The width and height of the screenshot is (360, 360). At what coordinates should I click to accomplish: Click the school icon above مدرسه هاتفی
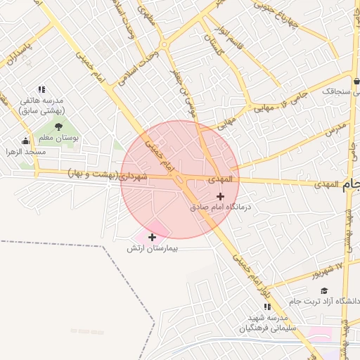[x=41, y=89]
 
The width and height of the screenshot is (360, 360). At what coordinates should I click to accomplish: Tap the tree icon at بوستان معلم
[x=58, y=127]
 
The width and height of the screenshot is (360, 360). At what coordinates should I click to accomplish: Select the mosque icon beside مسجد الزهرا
[x=26, y=141]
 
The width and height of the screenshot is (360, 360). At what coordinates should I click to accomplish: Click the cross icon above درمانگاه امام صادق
[x=221, y=196]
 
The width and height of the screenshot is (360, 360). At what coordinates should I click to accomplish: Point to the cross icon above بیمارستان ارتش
[x=152, y=237]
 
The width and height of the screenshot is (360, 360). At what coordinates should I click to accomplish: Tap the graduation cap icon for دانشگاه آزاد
[x=323, y=290]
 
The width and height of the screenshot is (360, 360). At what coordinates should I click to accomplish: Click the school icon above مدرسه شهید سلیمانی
[x=266, y=307]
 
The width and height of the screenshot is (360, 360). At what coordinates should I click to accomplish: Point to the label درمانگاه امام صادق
[x=220, y=208]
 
